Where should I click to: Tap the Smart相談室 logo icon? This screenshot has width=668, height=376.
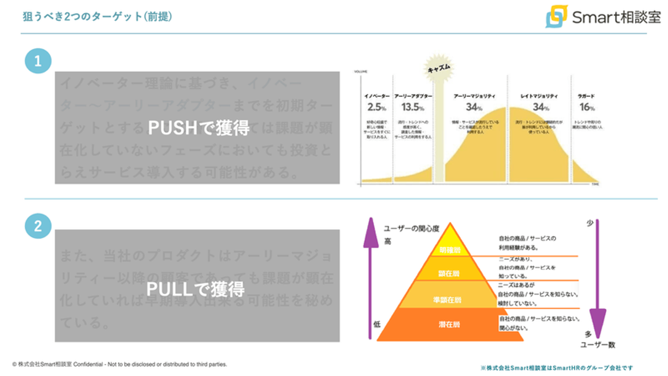click(557, 16)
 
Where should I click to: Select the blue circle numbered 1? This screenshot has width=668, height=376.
click(38, 61)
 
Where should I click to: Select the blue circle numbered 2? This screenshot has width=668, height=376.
click(38, 226)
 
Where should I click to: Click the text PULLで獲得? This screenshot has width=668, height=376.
click(196, 289)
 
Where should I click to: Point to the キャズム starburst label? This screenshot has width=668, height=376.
click(438, 68)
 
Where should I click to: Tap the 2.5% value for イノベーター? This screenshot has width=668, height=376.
click(376, 108)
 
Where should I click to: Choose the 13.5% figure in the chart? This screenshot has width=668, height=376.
click(412, 108)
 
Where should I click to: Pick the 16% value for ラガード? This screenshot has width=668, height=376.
click(587, 108)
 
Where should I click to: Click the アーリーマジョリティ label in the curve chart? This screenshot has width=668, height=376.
click(474, 96)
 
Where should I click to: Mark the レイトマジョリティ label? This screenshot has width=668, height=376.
click(539, 96)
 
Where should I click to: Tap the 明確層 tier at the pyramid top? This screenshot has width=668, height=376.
click(449, 249)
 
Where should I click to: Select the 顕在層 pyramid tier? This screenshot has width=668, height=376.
click(449, 274)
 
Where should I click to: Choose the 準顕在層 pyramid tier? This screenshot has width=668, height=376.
click(449, 299)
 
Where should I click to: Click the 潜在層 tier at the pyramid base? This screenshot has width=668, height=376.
click(449, 324)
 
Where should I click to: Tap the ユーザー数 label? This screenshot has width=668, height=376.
click(598, 345)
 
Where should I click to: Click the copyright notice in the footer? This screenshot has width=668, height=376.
click(120, 364)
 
